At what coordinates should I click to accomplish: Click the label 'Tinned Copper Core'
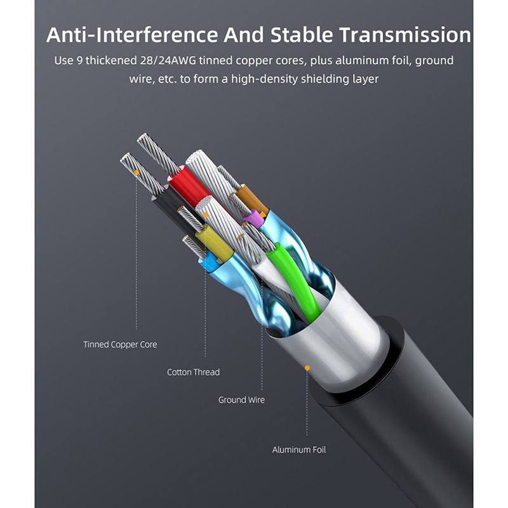pyautogui.click(x=120, y=344)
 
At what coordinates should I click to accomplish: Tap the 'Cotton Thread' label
pyautogui.click(x=194, y=372)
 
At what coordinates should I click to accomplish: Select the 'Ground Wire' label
pyautogui.click(x=241, y=400)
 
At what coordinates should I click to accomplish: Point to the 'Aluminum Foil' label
pyautogui.click(x=299, y=450)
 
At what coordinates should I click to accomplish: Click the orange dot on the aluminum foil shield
pyautogui.click(x=307, y=368)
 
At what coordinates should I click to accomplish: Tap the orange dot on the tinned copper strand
pyautogui.click(x=137, y=173)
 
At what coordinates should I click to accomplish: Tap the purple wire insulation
pyautogui.click(x=255, y=218)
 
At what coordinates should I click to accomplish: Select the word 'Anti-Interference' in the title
pyautogui.click(x=132, y=35)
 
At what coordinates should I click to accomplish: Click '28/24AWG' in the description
pyautogui.click(x=168, y=60)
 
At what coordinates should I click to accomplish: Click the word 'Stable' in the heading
pyautogui.click(x=302, y=35)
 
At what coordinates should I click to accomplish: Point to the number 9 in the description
pyautogui.click(x=80, y=60)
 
